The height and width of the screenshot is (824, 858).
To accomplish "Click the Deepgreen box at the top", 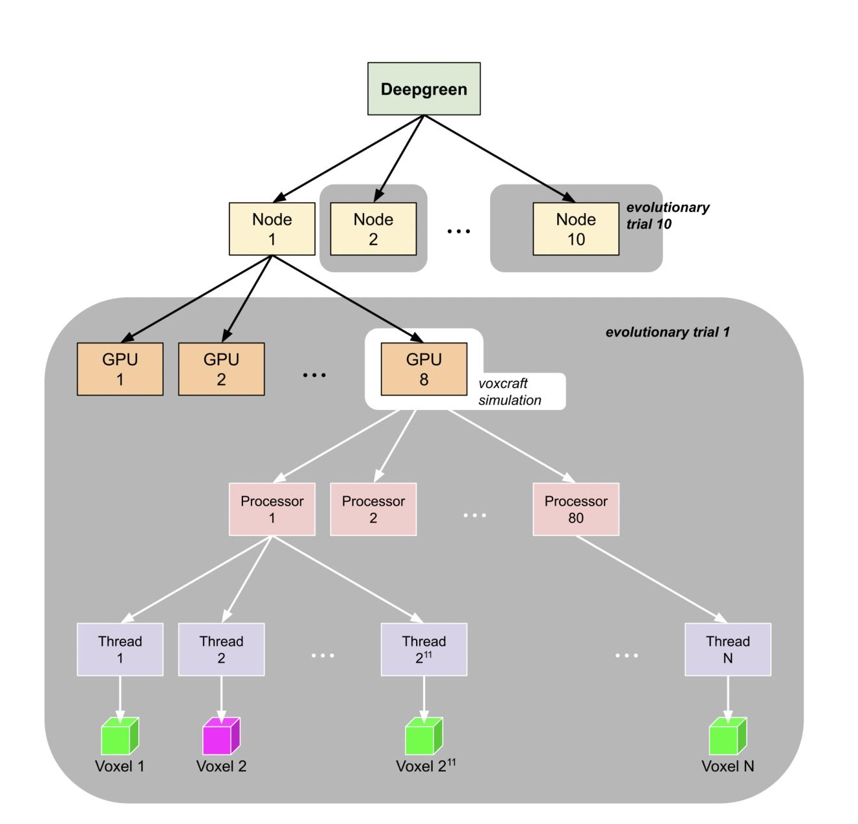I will coord(424,89).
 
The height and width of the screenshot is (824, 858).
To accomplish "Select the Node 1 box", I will coord(272,229).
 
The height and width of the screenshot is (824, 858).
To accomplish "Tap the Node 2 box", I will coord(373,229).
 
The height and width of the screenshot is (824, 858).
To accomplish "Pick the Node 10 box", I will coord(576,229).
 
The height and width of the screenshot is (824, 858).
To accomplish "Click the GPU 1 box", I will coord(120,369).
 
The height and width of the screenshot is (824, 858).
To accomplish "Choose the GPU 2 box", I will coord(221,369).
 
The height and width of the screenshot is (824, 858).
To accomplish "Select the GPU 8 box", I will coord(424,369).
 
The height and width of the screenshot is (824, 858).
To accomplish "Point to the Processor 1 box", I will coord(272,509).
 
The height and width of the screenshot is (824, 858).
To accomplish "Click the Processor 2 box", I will coord(373,509).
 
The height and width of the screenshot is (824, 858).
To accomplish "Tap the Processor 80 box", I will coord(576,509).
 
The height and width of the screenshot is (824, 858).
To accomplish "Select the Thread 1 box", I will coord(120,649).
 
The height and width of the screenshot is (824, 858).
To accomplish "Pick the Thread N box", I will coord(728,649).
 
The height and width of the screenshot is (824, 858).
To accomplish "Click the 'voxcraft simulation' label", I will coord(510,392).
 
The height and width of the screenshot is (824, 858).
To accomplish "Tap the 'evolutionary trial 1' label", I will coord(668,332).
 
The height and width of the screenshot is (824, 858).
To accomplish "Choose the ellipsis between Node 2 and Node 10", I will coord(459,231).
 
